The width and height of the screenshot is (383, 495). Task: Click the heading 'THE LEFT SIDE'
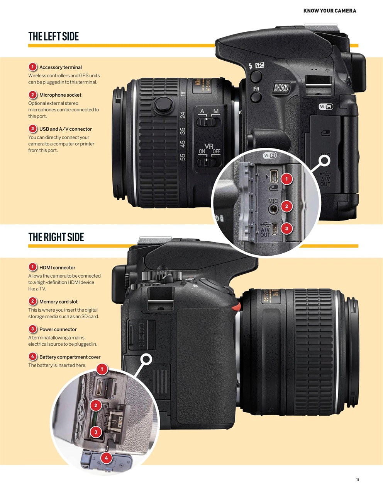point(54,36)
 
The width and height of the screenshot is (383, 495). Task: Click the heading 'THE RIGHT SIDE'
point(56,237)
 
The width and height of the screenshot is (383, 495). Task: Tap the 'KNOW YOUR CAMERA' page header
point(330,11)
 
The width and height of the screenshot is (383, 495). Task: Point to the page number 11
point(358,480)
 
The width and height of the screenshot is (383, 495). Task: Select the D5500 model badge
point(281,88)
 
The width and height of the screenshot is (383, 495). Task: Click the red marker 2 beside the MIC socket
point(286,206)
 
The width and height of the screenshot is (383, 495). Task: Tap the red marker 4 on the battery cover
point(106,458)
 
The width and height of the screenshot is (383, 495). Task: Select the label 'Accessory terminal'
point(60,67)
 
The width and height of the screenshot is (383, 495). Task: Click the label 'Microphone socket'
point(60,95)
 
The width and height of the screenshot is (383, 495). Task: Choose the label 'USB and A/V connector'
point(65,129)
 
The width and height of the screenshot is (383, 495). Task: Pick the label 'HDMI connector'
point(57,268)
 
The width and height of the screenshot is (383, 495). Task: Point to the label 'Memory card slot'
point(58,302)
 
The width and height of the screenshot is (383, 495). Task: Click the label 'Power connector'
point(58,329)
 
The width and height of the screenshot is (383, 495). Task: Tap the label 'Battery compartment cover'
point(69,357)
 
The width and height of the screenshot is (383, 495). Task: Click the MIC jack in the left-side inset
point(273,209)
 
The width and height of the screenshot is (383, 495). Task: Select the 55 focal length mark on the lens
point(183,157)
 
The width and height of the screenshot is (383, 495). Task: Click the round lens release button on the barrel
point(164,105)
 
